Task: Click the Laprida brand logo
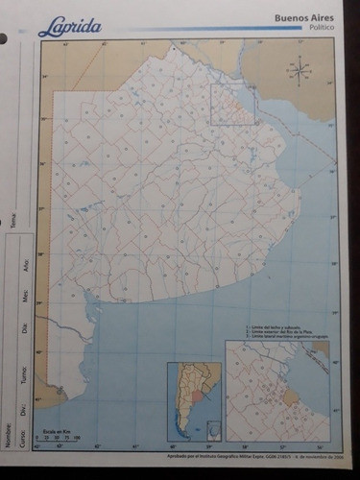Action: [x=69, y=28]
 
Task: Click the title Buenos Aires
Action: [x=304, y=17]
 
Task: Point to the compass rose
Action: [x=300, y=68]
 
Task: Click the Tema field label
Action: [x=13, y=223]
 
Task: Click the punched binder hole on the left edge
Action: [x=3, y=39]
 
